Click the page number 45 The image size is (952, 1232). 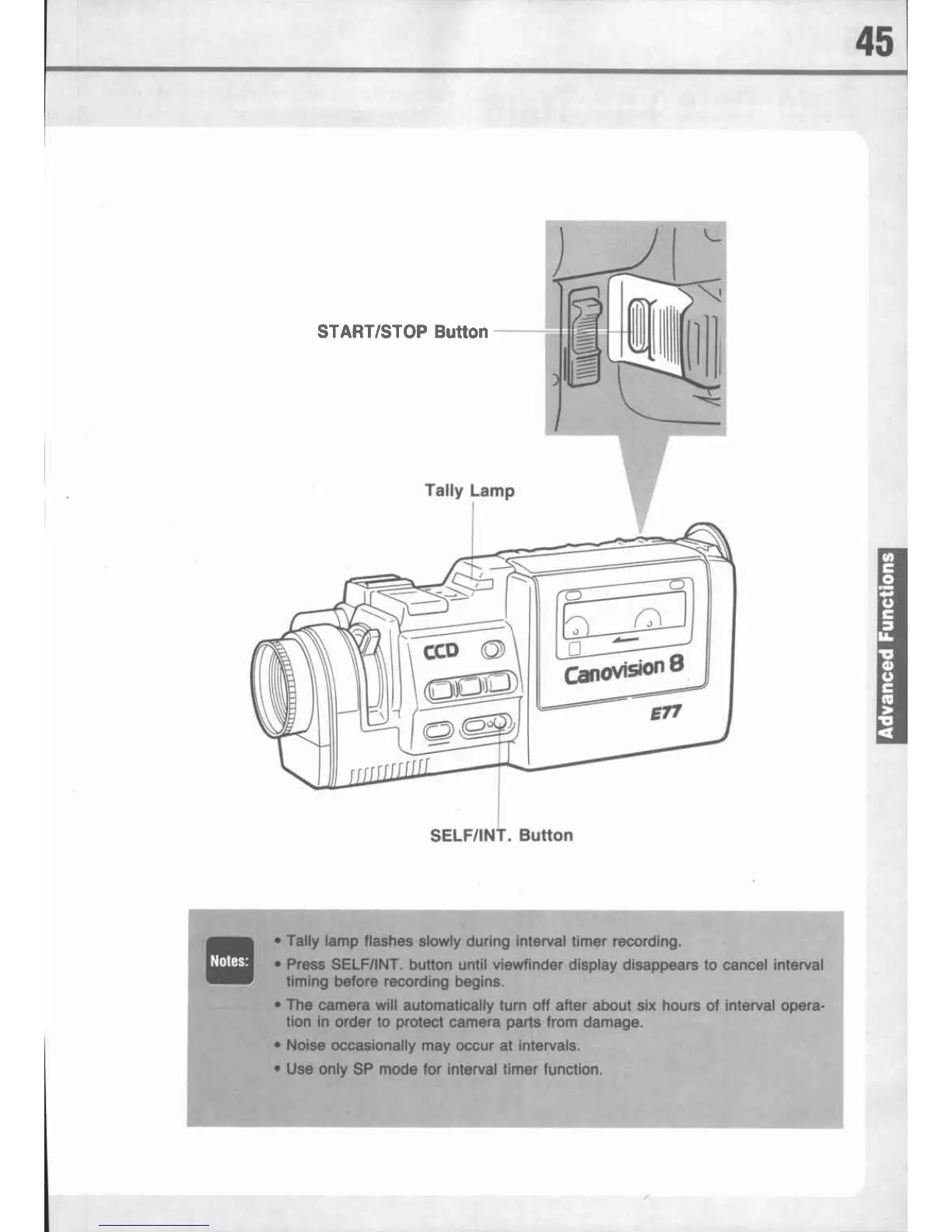pos(875,41)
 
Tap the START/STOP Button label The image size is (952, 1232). pos(402,331)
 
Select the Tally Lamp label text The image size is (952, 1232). pos(469,491)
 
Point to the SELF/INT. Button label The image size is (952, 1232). pos(502,835)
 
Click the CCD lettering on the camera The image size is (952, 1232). pos(440,651)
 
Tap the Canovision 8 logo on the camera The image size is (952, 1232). pos(623,669)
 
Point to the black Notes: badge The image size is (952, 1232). pos(229,961)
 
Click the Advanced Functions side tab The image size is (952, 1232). pos(887,646)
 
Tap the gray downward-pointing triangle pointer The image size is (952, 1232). pos(642,482)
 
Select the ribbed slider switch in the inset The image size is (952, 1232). pos(582,338)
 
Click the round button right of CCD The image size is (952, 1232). pos(493,650)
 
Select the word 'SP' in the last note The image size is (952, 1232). pos(364,1069)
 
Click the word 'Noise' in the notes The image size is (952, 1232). pos(306,1045)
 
